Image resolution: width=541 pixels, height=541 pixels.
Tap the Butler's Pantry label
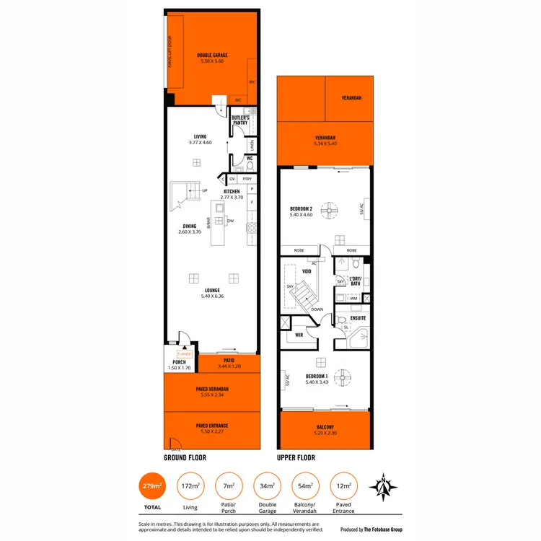pyautogui.click(x=240, y=120)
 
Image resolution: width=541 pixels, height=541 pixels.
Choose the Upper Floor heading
pyautogui.click(x=296, y=457)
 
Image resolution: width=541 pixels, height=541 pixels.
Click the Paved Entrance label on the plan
pyautogui.click(x=212, y=426)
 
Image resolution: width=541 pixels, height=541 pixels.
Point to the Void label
pyautogui.click(x=307, y=271)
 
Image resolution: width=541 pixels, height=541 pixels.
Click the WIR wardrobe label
pyautogui.click(x=299, y=335)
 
